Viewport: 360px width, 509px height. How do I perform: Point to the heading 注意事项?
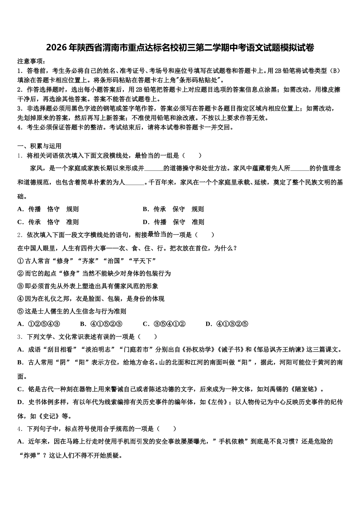[31, 61]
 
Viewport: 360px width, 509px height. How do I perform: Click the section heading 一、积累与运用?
[39, 146]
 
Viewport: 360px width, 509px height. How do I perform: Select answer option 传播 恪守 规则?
[53, 209]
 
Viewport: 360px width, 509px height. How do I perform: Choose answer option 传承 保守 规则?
[178, 209]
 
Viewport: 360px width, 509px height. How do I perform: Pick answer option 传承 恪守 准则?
[53, 222]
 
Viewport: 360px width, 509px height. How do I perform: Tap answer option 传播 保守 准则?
[178, 222]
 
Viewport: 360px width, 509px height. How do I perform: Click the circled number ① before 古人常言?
[20, 261]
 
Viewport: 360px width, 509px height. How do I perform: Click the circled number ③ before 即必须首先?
[20, 286]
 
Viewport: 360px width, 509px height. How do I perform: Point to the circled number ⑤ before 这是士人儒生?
[20, 312]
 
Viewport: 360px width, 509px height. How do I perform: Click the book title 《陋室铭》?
[305, 389]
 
